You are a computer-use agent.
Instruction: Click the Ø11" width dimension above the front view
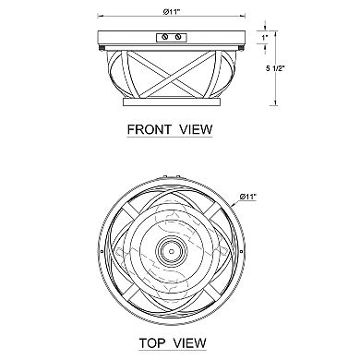pos(172,12)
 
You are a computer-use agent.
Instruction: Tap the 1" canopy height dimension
pos(265,38)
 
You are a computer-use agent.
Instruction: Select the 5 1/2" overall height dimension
pos(275,69)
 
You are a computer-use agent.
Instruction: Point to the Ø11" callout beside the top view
pos(247,197)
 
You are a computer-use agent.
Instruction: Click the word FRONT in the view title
pos(149,129)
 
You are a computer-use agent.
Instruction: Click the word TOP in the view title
pos(151,342)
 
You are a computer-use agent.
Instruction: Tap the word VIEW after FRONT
pos(196,129)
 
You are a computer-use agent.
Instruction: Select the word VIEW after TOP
pos(189,342)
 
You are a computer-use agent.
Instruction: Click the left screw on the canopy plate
pos(165,37)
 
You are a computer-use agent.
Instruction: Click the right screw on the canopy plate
pos(177,37)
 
